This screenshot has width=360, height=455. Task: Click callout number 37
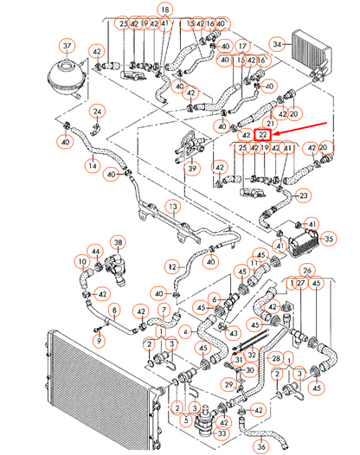66,45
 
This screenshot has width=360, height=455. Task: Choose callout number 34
277,42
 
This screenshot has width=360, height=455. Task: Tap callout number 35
329,237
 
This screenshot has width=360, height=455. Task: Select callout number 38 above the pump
119,243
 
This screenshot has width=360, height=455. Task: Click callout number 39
192,169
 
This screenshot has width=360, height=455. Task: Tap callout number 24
98,112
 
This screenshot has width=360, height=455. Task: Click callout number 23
304,195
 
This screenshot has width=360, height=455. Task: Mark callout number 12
171,266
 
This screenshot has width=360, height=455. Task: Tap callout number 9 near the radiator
98,341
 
